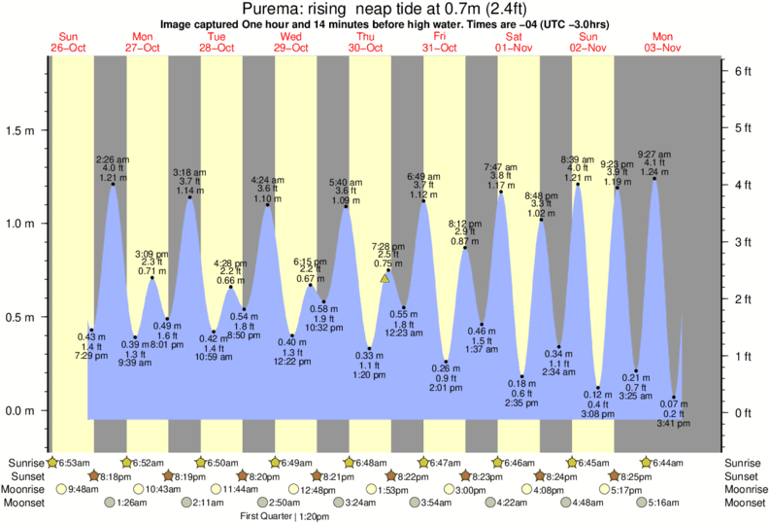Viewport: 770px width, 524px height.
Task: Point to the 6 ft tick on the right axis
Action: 743,71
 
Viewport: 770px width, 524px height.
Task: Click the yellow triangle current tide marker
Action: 385,279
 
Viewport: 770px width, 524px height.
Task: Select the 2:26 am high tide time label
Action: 113,158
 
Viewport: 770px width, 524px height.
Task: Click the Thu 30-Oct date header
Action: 367,42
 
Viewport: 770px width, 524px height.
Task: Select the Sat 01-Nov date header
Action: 515,42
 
